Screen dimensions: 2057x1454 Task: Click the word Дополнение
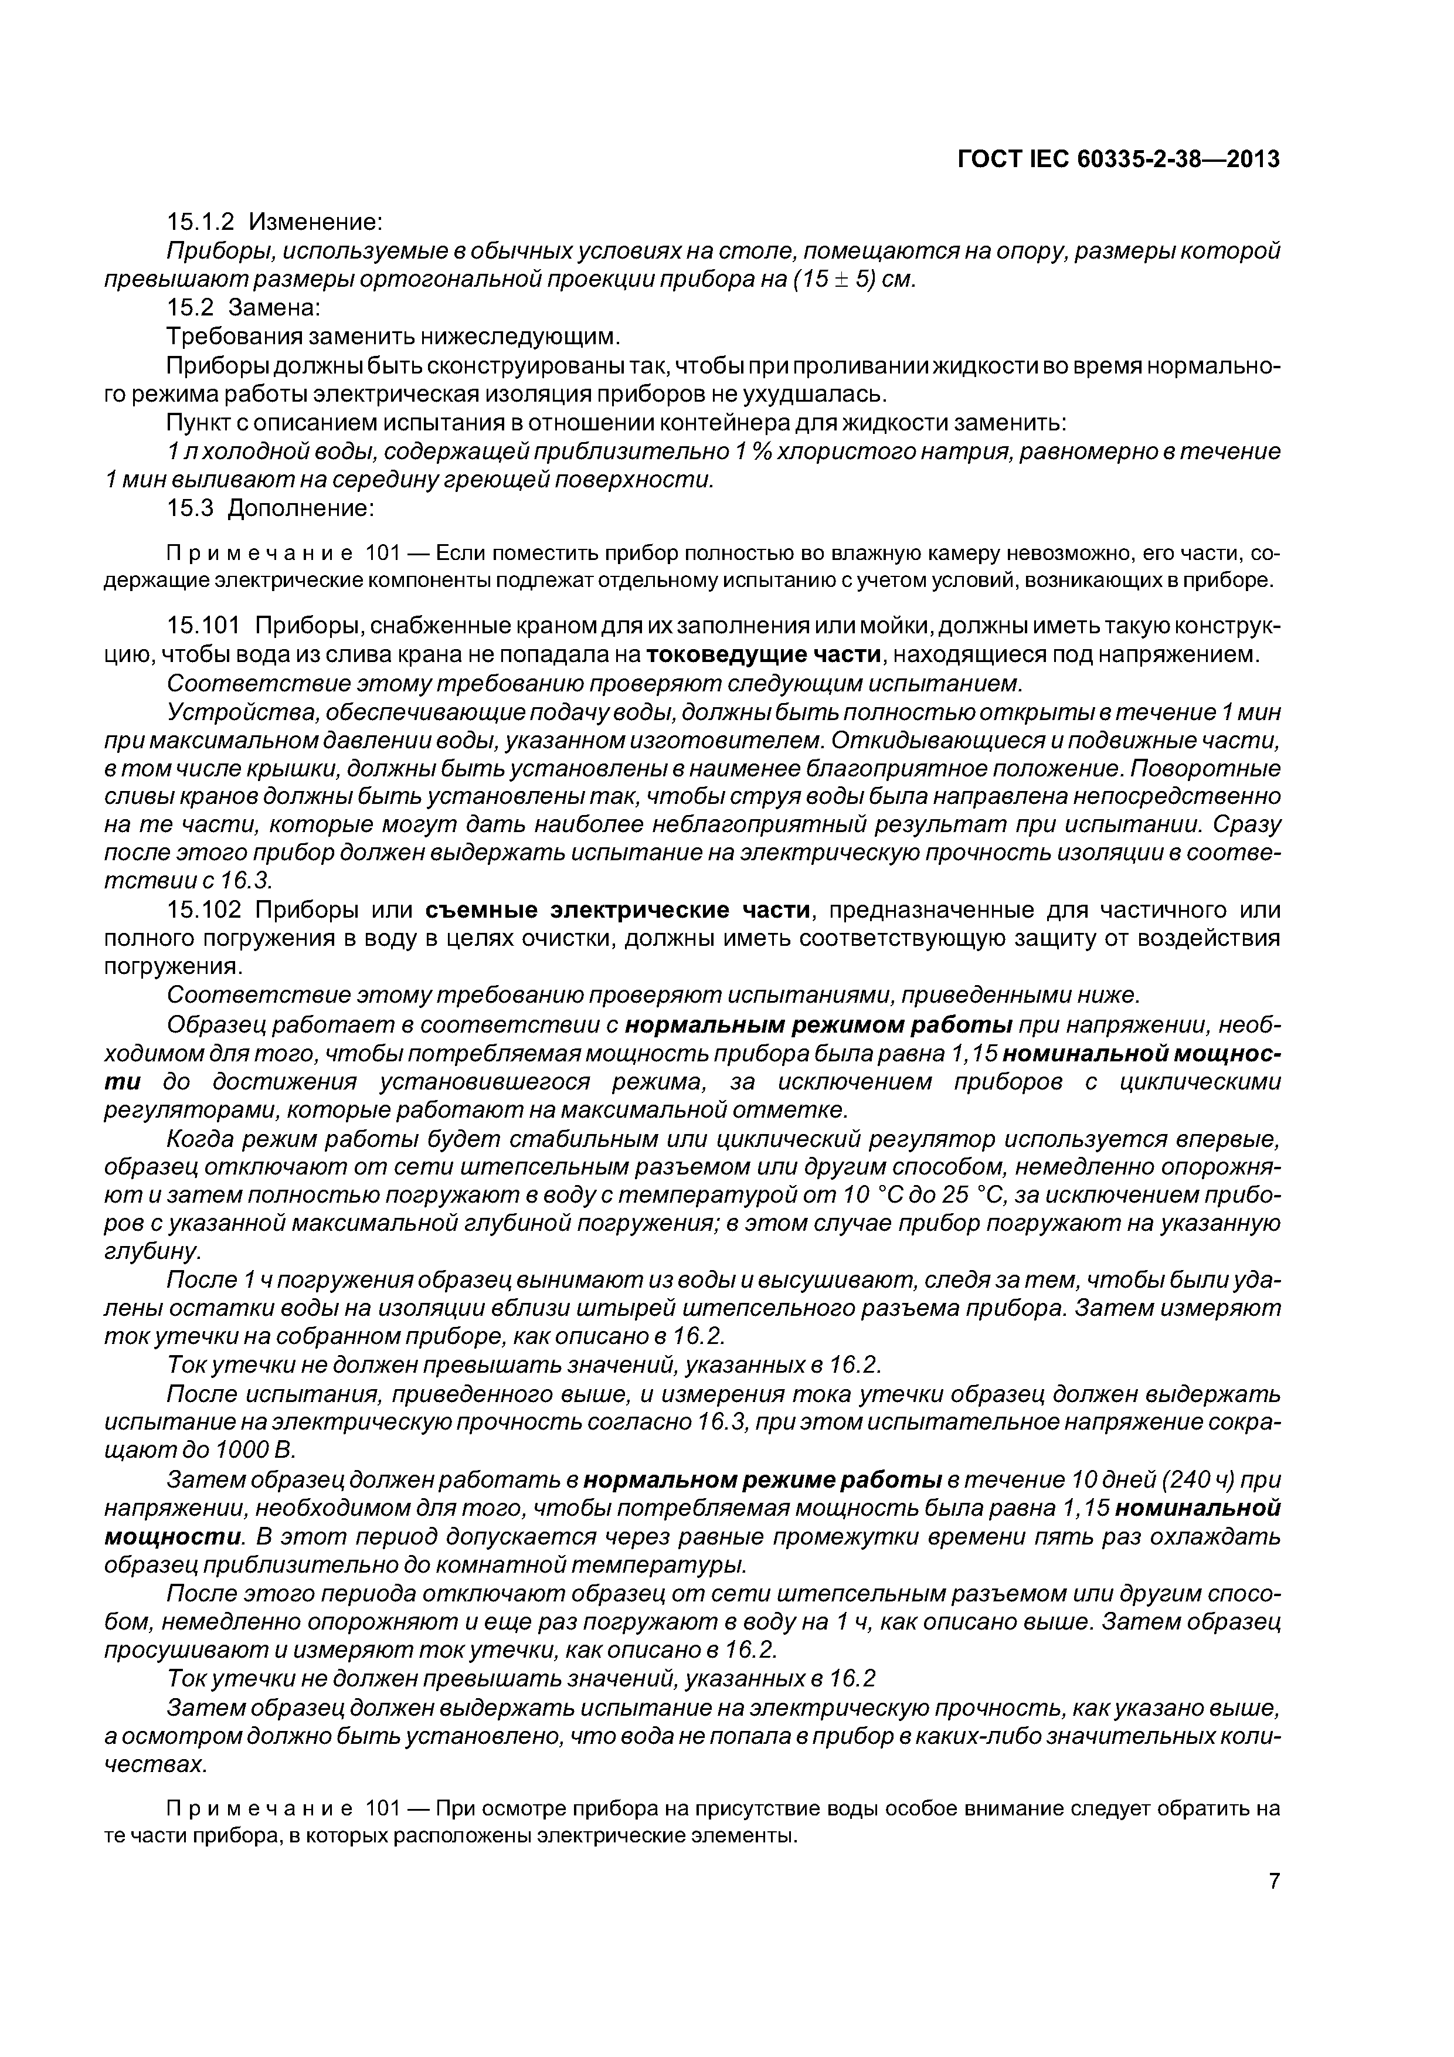[301, 508]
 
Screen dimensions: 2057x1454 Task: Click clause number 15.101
[206, 625]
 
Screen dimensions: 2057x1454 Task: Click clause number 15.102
[206, 910]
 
